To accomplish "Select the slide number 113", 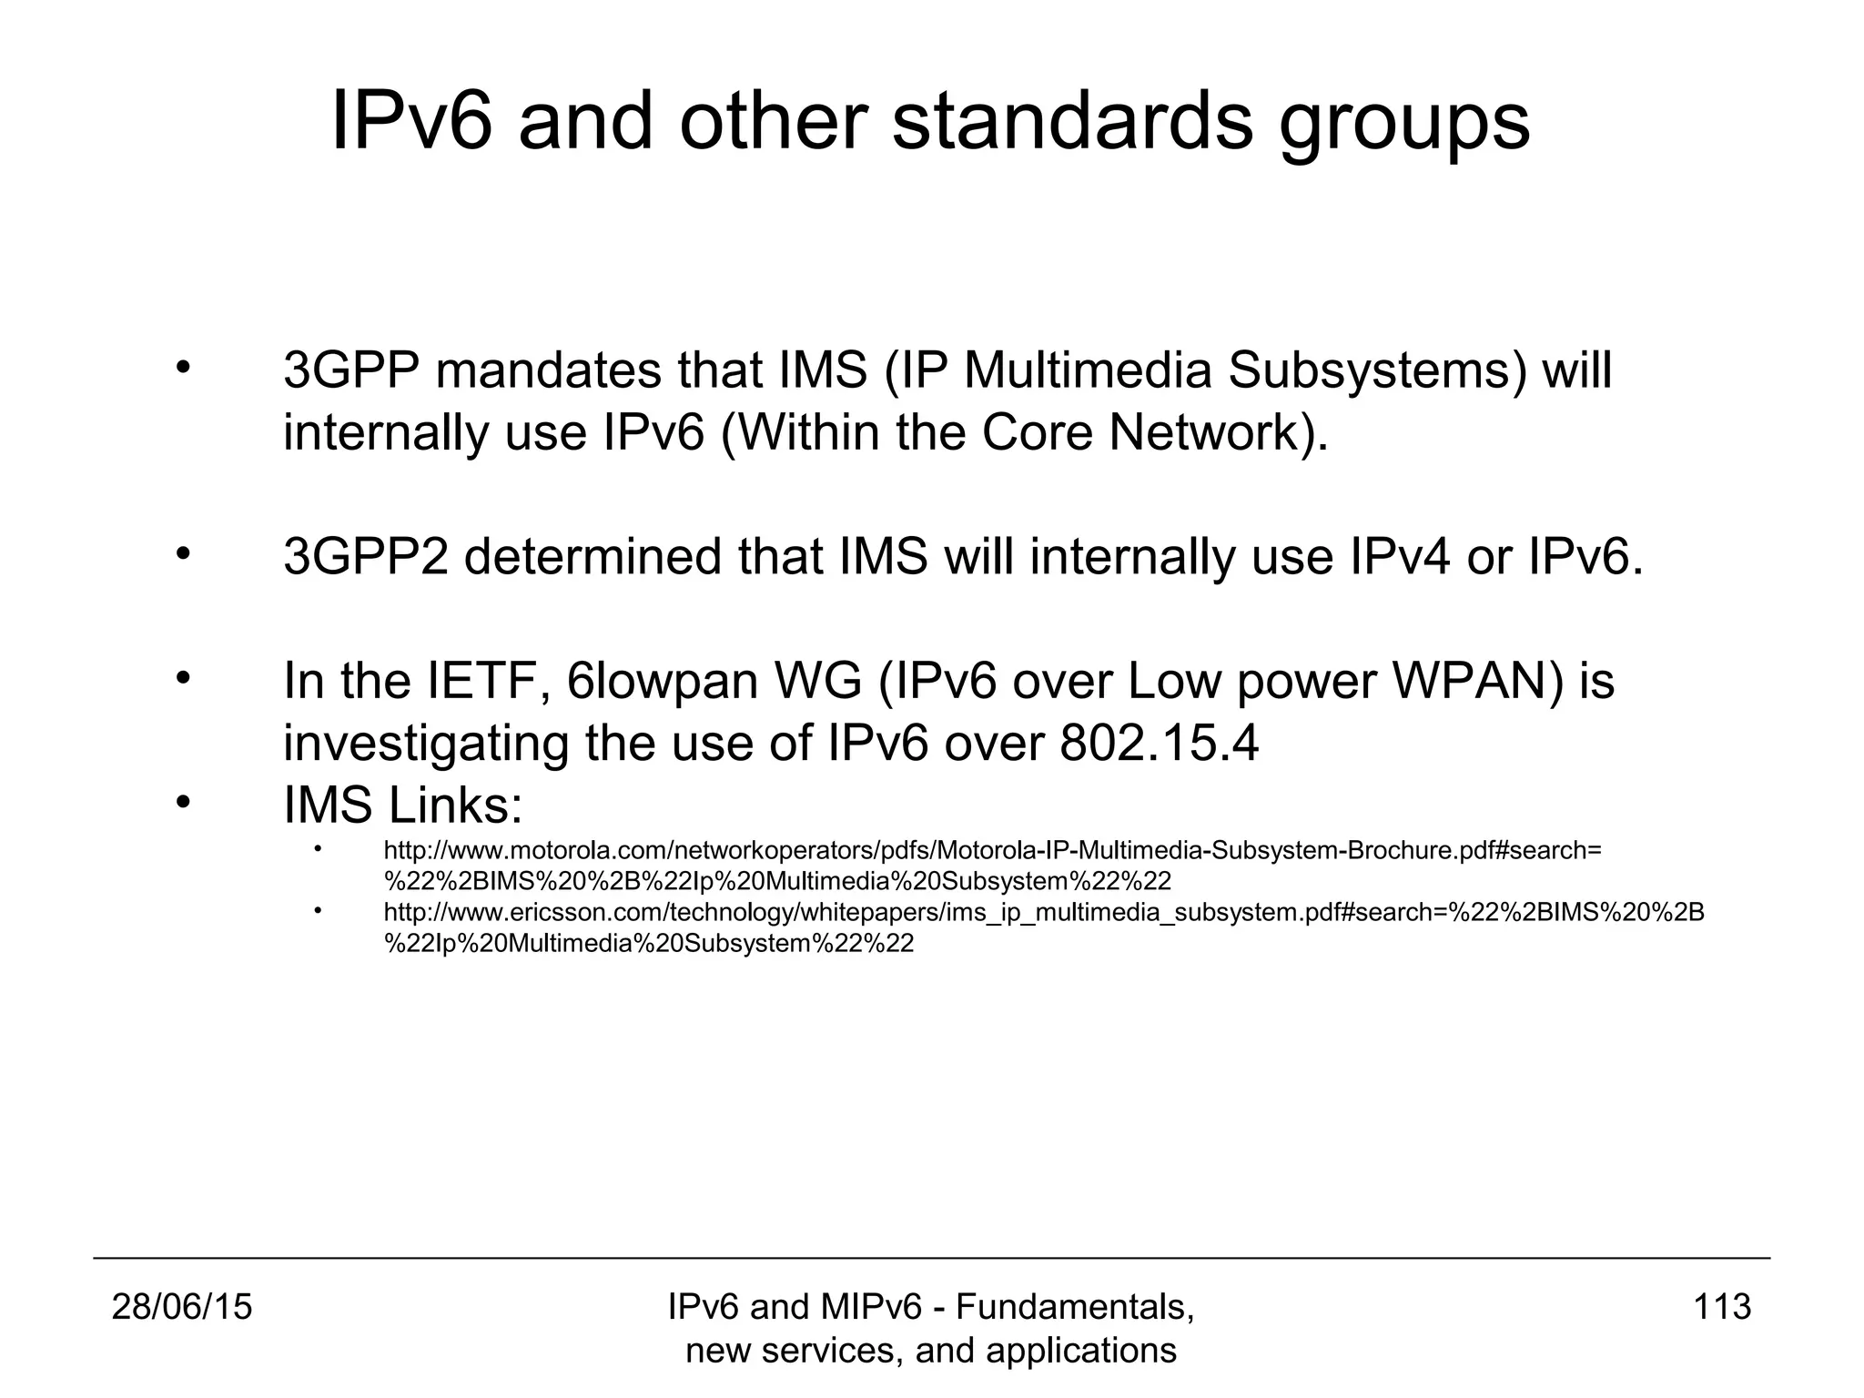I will [1722, 1307].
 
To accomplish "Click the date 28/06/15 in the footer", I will [182, 1307].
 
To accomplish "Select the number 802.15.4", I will [1160, 744].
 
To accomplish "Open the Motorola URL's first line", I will [992, 851].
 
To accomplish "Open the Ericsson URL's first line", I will [1043, 913].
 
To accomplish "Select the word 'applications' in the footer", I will [1080, 1351].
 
